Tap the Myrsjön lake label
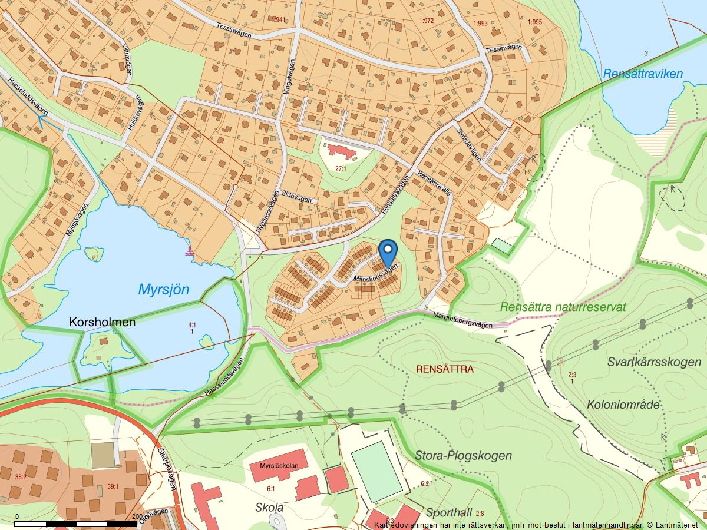coord(164,290)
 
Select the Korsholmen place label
coord(102,323)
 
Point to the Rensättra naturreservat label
coord(563,307)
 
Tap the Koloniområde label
coord(623,405)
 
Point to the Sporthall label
coord(449,512)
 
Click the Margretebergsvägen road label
coord(462,321)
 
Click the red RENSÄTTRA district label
coord(444,369)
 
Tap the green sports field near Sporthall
coord(376,472)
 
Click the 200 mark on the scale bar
coord(137,516)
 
